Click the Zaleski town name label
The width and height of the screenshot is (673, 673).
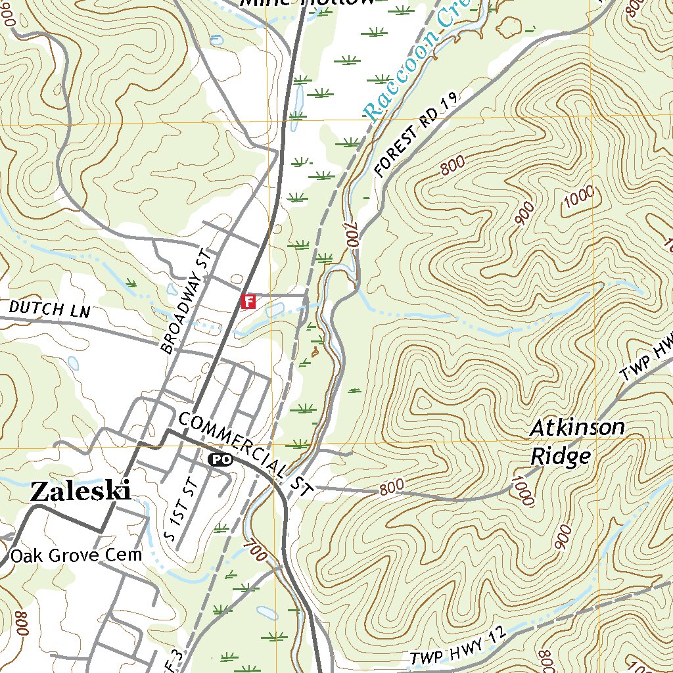point(80,492)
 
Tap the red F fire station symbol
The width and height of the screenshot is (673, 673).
point(248,302)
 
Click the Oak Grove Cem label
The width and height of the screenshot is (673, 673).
point(76,555)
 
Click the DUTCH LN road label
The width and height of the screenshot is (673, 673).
point(49,309)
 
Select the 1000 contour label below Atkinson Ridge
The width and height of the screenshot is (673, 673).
point(522,492)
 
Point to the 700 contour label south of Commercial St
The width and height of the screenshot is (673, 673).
point(255,551)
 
